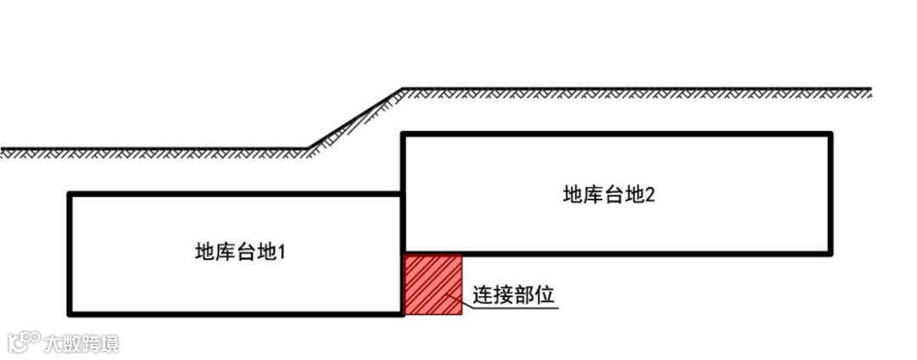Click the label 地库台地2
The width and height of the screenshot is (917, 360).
(609, 194)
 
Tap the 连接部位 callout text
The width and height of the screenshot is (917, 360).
(514, 295)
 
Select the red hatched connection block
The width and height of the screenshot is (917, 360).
(433, 284)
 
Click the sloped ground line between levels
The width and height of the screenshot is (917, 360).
(355, 119)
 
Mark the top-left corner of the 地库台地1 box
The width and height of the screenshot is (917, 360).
(70, 195)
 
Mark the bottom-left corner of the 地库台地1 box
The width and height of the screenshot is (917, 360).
(70, 313)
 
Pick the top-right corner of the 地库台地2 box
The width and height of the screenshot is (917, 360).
(830, 134)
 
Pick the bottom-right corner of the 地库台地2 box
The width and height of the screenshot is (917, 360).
(830, 252)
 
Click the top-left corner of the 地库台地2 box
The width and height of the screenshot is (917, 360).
(403, 134)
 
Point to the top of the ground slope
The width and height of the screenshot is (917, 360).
(402, 89)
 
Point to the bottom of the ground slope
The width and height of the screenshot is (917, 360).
(307, 149)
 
